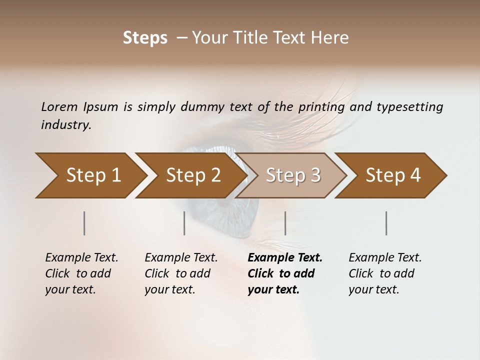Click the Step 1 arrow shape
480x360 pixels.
[93, 175]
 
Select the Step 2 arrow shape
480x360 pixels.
[193, 175]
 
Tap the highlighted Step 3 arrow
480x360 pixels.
[293, 175]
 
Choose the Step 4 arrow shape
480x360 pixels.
[393, 175]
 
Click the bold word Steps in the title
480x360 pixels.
[145, 38]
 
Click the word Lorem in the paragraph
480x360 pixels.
[59, 106]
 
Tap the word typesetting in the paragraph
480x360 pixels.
[409, 106]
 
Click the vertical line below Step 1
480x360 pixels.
[84, 223]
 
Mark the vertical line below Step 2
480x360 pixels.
[184, 223]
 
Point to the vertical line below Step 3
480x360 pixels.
[285, 223]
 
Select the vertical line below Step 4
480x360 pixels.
[386, 223]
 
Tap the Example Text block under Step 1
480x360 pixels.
[81, 273]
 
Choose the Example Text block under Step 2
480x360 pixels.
[181, 273]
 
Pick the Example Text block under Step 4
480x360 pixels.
[385, 273]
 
